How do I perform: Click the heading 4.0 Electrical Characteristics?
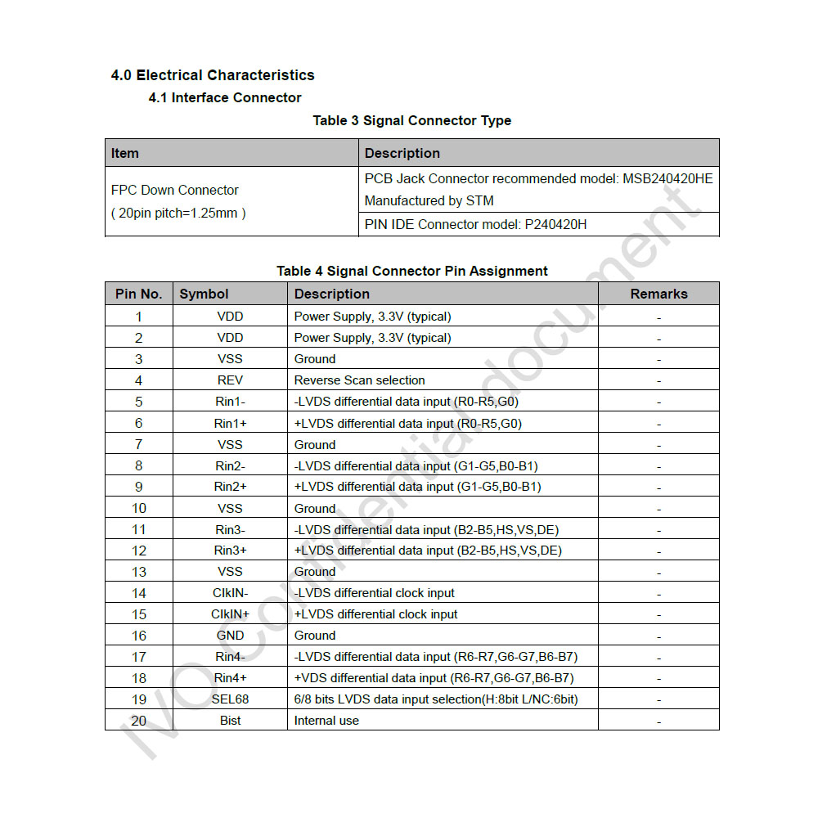(213, 75)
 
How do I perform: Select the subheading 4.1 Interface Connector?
(225, 98)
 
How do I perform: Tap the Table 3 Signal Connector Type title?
(411, 121)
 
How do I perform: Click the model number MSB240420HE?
(667, 178)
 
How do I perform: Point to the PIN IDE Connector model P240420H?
(475, 224)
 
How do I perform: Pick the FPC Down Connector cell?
(175, 191)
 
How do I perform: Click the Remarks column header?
(658, 294)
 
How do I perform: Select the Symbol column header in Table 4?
(204, 294)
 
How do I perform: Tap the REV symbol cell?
(230, 380)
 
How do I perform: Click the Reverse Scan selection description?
(360, 380)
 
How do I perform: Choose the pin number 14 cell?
(139, 593)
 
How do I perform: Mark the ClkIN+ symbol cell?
(230, 614)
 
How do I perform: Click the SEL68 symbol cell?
(230, 699)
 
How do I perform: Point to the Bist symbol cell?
(230, 721)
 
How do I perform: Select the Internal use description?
(326, 721)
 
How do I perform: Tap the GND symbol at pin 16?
(230, 636)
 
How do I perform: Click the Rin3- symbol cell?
(230, 529)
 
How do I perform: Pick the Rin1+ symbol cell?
(230, 423)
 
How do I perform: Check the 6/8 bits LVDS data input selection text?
(436, 699)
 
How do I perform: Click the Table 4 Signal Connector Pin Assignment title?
(412, 271)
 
